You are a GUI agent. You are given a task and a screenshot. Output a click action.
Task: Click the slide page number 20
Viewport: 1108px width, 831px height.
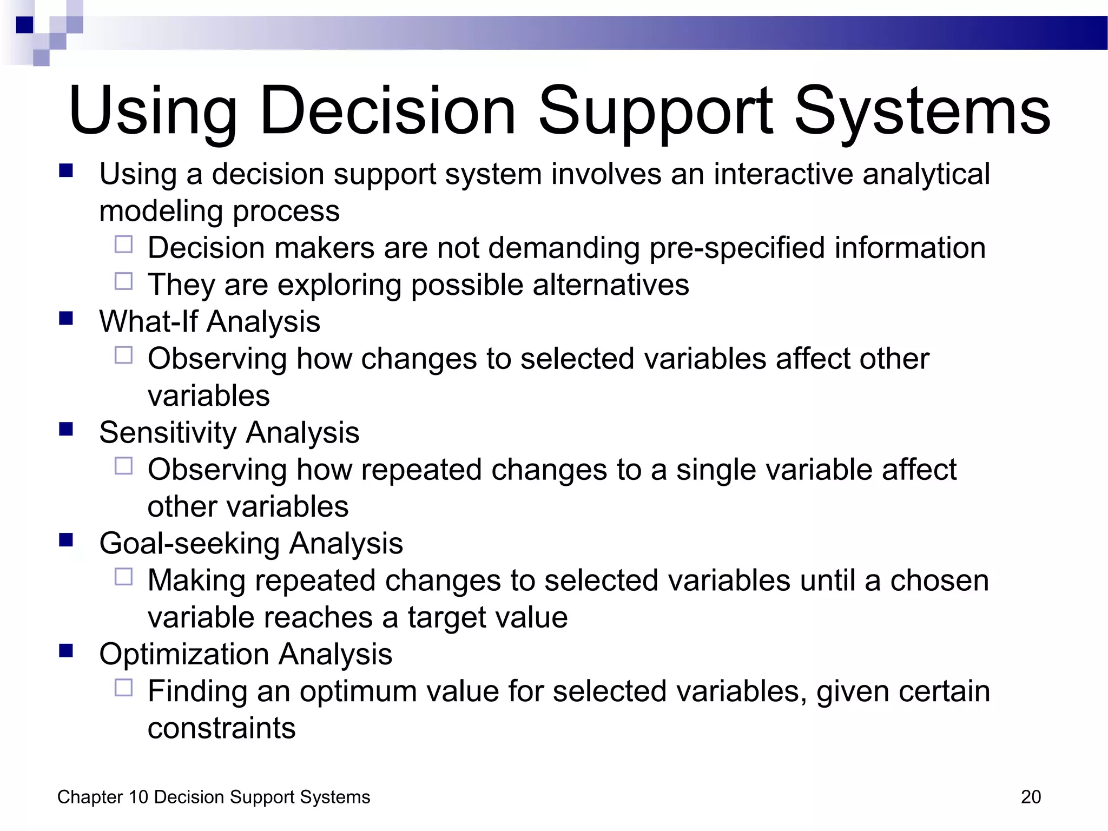coord(1031,797)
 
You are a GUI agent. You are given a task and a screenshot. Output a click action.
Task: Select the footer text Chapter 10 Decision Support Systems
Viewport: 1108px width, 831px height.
coord(214,797)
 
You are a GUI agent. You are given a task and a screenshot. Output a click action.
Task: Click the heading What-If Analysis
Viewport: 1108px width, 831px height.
coord(209,321)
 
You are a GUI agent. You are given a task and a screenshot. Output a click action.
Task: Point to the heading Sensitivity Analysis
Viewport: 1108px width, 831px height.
coord(229,432)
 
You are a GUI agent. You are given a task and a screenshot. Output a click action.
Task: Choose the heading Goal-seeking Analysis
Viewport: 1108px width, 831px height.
coord(251,543)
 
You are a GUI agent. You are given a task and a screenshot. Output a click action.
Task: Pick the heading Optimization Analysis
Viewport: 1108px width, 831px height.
coord(246,654)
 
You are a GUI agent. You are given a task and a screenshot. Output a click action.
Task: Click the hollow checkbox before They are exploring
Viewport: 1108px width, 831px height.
coord(123,281)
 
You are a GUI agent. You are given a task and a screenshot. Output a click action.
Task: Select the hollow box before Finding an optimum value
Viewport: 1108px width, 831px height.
coord(123,688)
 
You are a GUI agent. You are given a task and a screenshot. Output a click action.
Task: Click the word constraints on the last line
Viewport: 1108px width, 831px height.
coord(221,728)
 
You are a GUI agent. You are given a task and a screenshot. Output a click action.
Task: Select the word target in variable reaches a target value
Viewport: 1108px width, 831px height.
coord(447,618)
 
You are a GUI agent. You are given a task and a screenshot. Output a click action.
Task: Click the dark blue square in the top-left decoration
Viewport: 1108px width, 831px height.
coord(24,25)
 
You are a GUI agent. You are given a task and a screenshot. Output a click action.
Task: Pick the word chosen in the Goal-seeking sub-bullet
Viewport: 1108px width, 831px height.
coord(939,581)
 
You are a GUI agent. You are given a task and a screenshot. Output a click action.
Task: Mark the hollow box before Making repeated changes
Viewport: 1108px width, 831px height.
coord(123,577)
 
